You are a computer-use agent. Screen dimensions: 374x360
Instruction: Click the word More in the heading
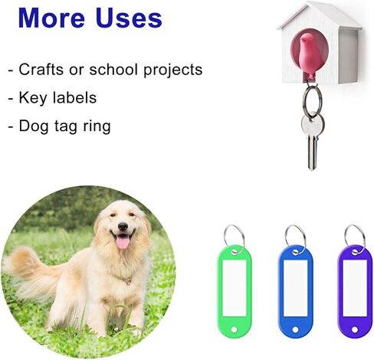pos(51,18)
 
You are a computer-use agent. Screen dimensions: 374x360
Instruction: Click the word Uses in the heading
pos(129,18)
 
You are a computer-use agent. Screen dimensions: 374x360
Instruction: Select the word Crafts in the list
pos(41,69)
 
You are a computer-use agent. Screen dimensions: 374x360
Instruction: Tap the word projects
pos(172,70)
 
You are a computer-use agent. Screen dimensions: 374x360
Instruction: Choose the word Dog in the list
pos(34,126)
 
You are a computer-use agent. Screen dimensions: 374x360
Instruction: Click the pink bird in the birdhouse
pos(307,55)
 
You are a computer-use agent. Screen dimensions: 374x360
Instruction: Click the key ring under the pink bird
pos(313,101)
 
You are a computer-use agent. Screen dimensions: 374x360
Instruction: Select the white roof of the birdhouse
pos(320,15)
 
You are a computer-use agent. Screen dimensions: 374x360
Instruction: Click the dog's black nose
pos(123,226)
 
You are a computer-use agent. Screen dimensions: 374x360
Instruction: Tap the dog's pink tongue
pos(123,243)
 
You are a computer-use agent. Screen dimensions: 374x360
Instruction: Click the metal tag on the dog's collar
pos(128,281)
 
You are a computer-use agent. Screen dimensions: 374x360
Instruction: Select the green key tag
pos(235,291)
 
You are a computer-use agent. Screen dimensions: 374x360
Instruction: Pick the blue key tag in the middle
pos(296,291)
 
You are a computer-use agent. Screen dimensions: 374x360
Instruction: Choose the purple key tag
pos(355,291)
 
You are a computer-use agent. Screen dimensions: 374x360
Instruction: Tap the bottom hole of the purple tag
pos(355,329)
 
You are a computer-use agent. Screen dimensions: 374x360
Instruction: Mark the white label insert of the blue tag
pos(296,288)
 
